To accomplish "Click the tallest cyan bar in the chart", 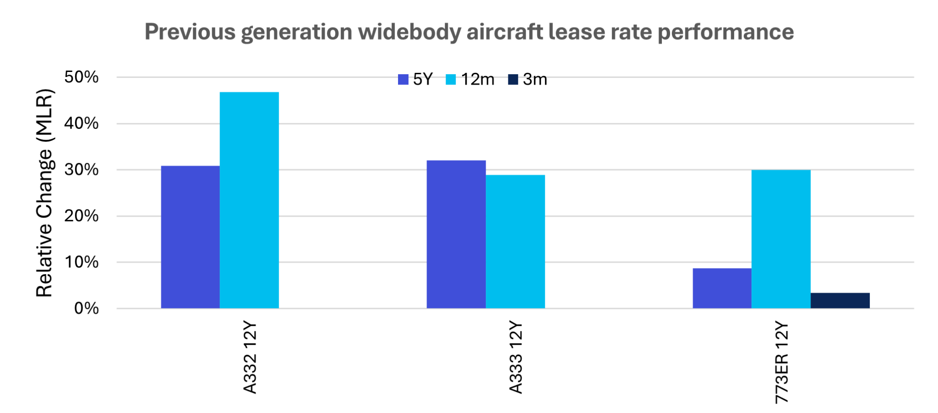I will pos(249,200).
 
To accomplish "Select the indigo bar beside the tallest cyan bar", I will pos(190,237).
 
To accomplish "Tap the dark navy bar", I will pos(840,300).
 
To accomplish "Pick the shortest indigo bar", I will pos(722,288).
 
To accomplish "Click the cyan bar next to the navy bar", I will pos(781,239).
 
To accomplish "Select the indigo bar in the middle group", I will pos(456,234).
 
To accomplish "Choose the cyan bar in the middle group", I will pos(515,241).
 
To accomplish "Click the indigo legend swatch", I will pos(403,79).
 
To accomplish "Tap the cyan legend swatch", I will pos(451,79).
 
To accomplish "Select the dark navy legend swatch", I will pos(513,79).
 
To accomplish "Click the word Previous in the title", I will pos(190,32).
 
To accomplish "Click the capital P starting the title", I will pos(151,32).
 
